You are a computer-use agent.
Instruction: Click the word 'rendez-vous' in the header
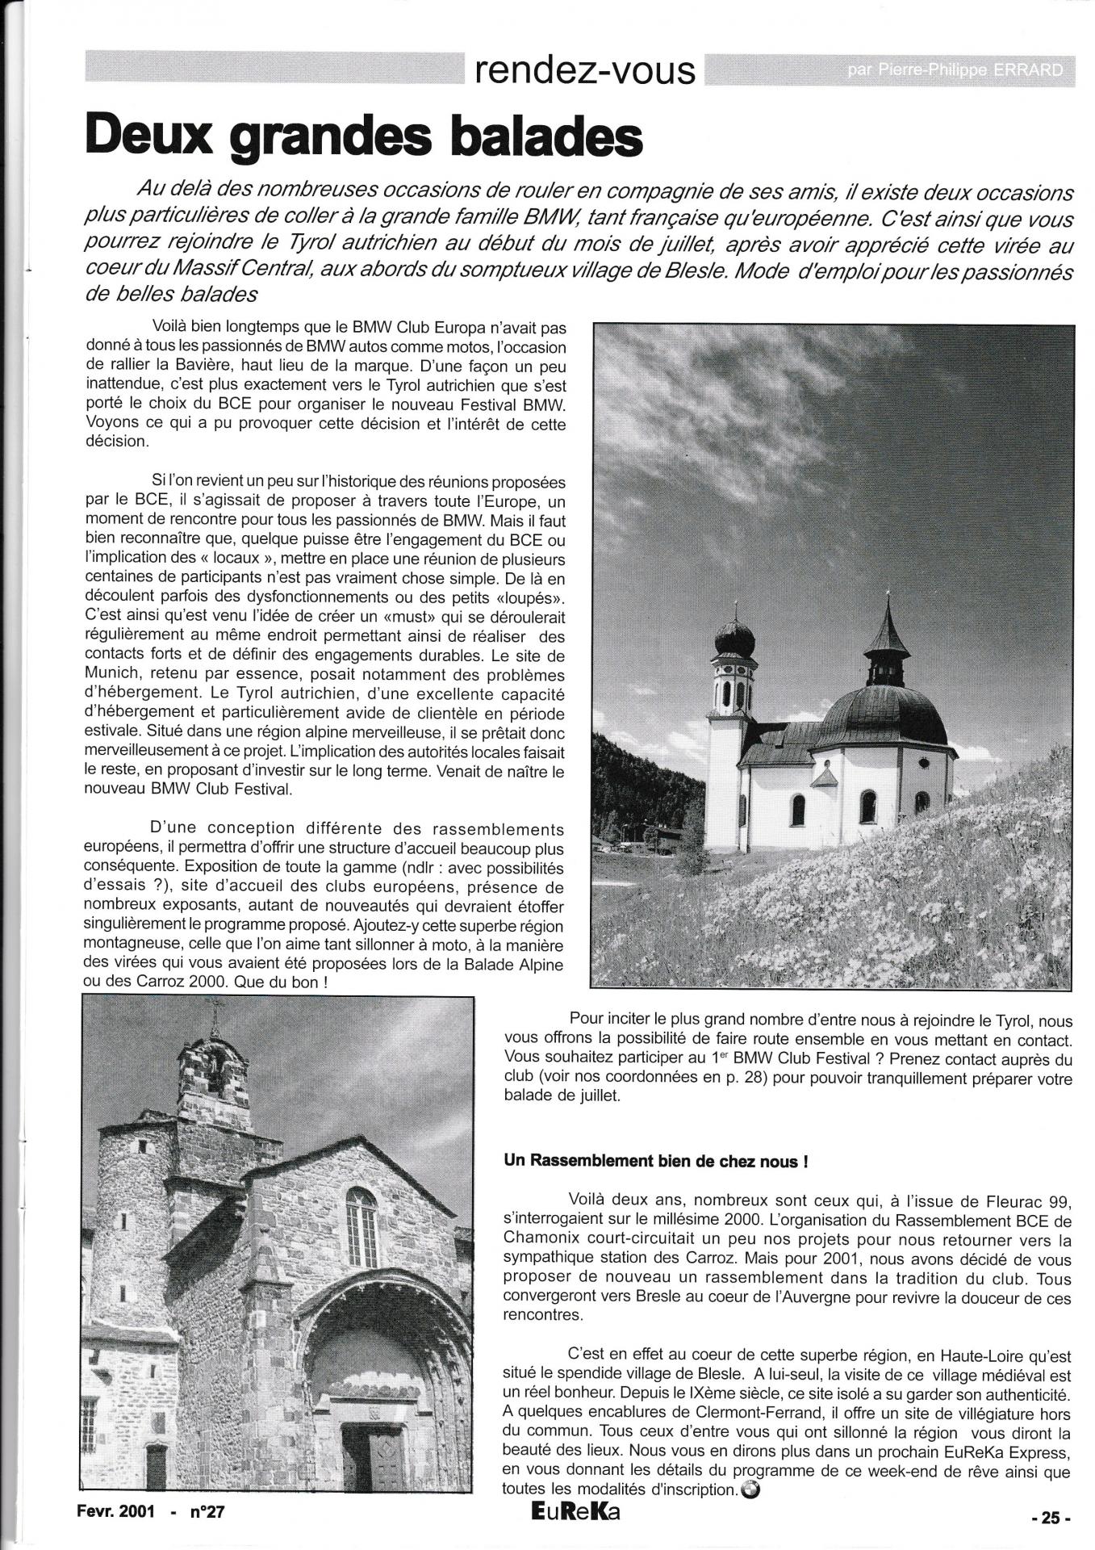[585, 71]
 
